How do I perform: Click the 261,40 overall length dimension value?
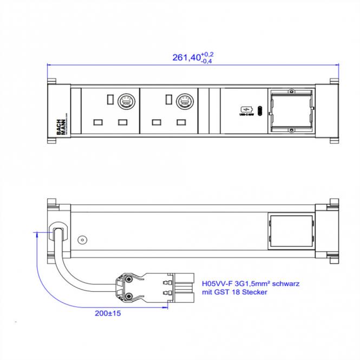click(186, 58)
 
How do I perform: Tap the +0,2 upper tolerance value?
click(207, 54)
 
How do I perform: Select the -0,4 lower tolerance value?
click(206, 61)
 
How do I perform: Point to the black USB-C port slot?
click(260, 111)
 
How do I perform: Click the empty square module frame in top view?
click(290, 111)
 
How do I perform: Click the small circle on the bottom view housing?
click(82, 239)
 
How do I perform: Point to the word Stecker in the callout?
click(254, 292)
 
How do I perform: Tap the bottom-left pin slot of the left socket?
click(99, 122)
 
